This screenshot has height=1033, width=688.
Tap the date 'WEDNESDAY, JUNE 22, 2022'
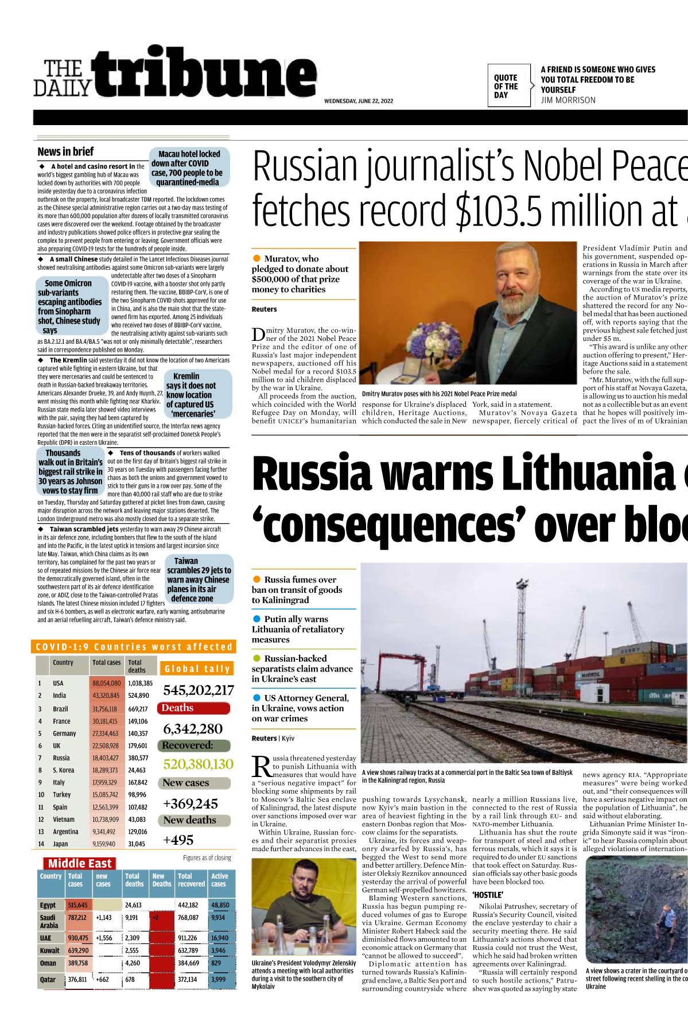358,101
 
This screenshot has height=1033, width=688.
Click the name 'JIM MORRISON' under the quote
567,100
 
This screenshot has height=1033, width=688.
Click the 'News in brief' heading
65,152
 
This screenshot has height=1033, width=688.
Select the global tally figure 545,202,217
198,690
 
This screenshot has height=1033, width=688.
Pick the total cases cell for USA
106,684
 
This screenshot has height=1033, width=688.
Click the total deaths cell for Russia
138,758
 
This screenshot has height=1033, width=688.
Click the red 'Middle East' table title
80,864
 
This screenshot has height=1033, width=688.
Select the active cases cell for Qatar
219,980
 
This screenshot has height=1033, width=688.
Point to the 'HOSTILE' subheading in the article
488,895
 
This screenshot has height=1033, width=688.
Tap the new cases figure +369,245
191,804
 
